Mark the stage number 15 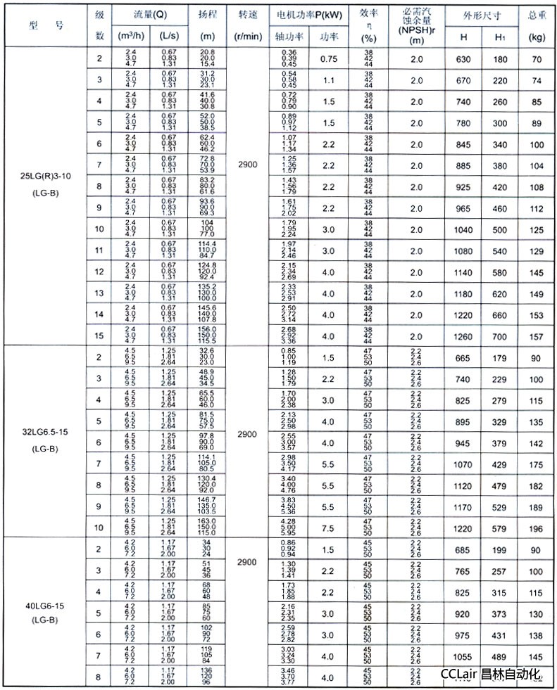[99, 336]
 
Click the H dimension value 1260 [462, 336]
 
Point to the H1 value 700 [500, 336]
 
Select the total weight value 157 [537, 336]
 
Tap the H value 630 [462, 60]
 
